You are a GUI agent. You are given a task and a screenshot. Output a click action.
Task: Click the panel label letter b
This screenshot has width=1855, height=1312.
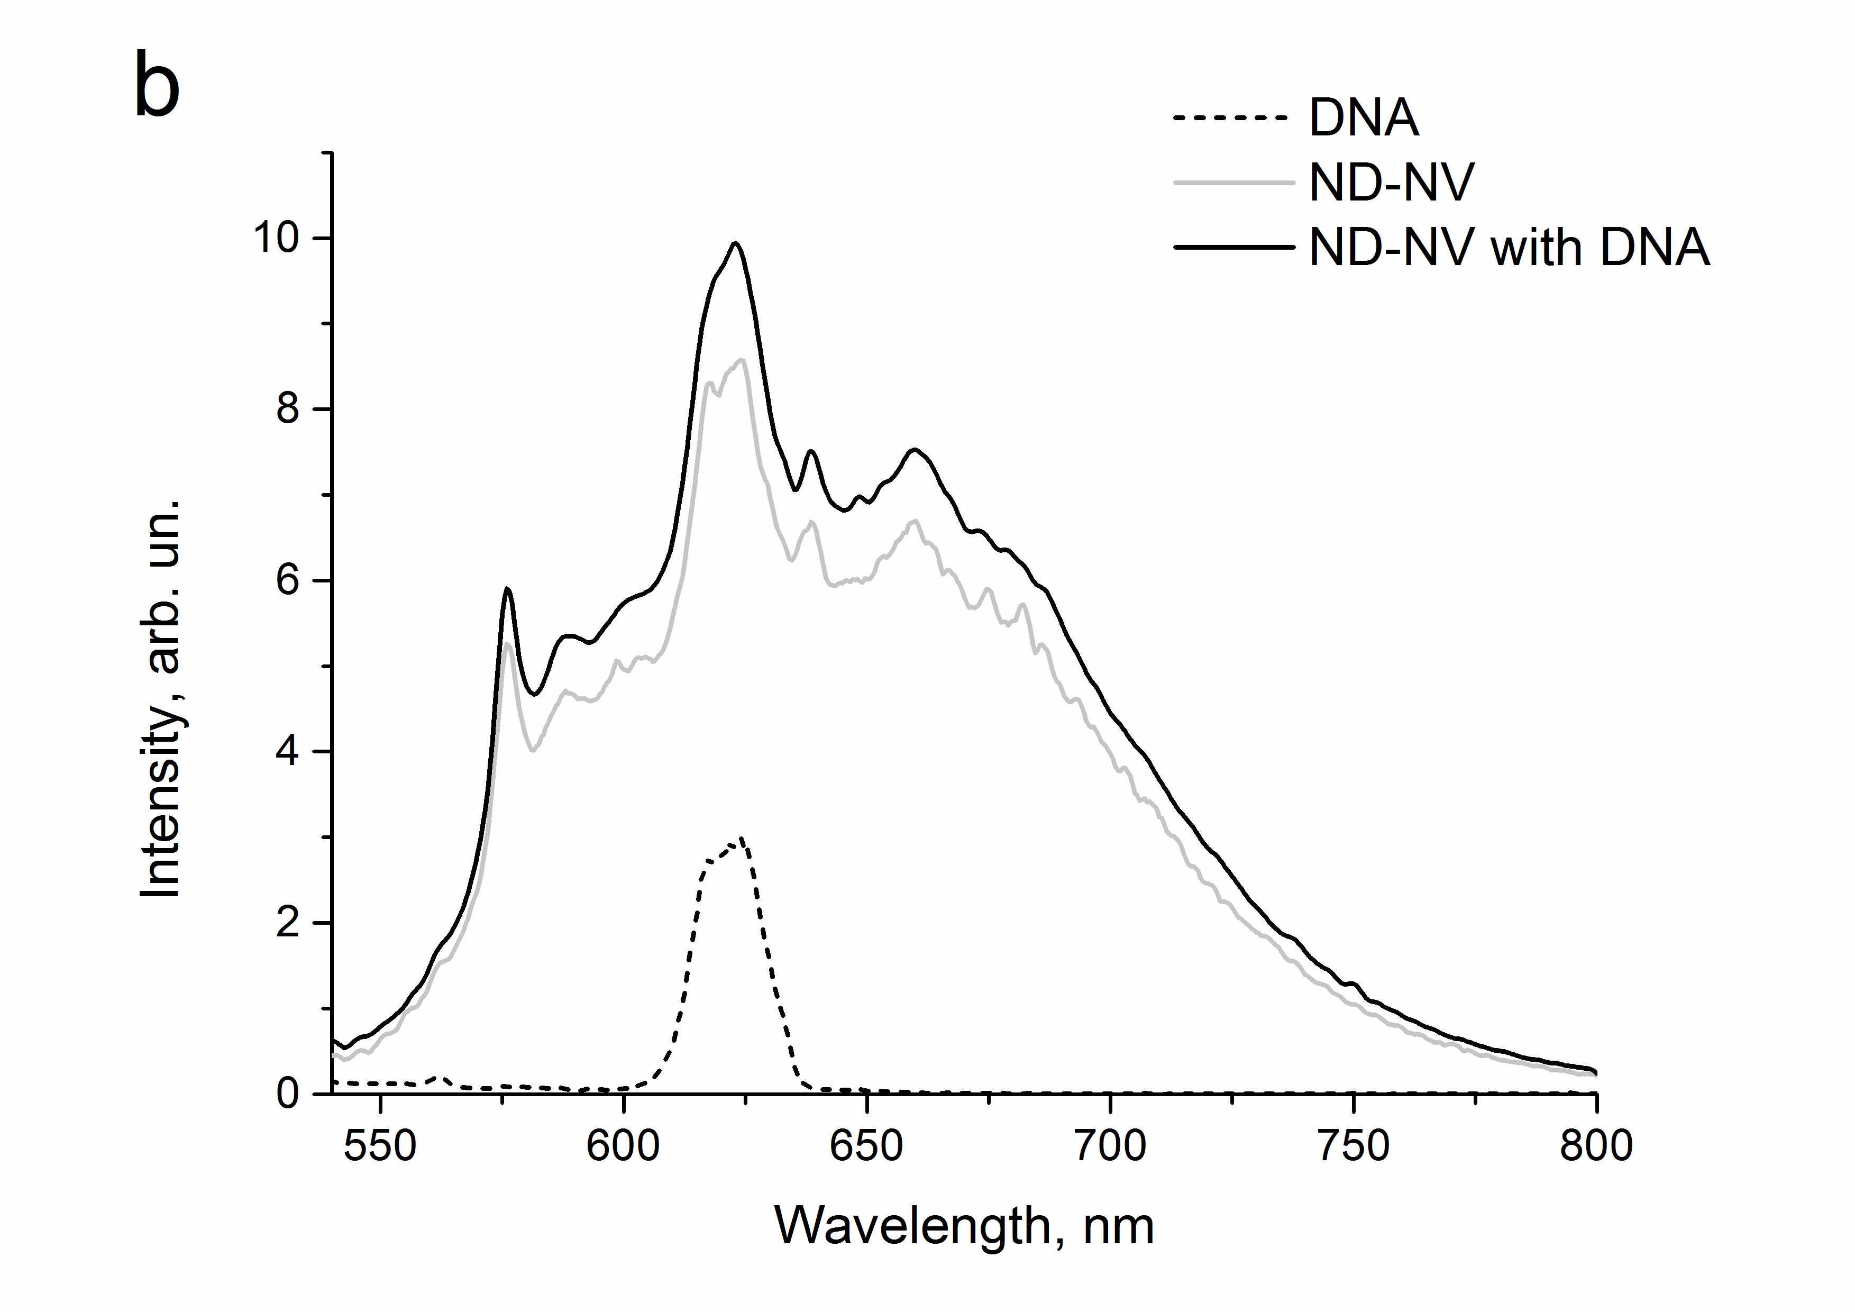157,85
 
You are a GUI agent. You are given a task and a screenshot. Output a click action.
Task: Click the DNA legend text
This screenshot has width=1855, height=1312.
1363,119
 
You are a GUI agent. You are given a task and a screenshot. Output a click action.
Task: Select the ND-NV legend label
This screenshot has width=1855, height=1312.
1391,184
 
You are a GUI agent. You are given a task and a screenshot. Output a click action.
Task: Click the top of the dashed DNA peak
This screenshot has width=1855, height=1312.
740,838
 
